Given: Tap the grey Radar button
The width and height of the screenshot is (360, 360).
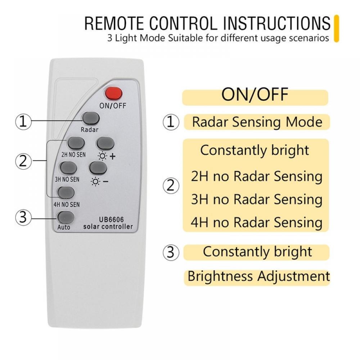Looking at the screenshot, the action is pyautogui.click(x=91, y=118).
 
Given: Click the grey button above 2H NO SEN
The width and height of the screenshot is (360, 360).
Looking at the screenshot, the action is pyautogui.click(x=76, y=143).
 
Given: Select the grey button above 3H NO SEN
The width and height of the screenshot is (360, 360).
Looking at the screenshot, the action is pyautogui.click(x=68, y=168).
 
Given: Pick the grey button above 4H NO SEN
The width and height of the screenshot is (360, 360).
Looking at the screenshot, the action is pyautogui.click(x=66, y=193).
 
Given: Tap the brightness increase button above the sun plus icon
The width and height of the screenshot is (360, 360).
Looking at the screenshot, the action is pyautogui.click(x=105, y=143).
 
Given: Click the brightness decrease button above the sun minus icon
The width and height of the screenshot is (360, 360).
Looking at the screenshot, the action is pyautogui.click(x=98, y=168).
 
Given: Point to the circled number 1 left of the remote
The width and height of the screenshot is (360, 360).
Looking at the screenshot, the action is pyautogui.click(x=23, y=122).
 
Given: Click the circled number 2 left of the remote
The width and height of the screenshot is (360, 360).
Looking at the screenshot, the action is pyautogui.click(x=23, y=161).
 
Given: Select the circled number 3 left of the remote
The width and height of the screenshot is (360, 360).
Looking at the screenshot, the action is pyautogui.click(x=23, y=217).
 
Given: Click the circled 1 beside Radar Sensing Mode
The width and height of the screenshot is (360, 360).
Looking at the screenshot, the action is pyautogui.click(x=171, y=122).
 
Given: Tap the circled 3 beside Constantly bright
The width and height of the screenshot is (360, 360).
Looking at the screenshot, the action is pyautogui.click(x=171, y=252).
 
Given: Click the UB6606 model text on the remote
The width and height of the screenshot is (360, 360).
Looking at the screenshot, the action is pyautogui.click(x=111, y=220).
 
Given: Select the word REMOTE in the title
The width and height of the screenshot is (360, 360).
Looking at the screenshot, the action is pyautogui.click(x=114, y=23).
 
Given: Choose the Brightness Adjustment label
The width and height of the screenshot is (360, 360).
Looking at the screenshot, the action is pyautogui.click(x=259, y=276).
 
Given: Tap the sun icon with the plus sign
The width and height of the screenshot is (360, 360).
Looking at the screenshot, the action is pyautogui.click(x=102, y=156).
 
